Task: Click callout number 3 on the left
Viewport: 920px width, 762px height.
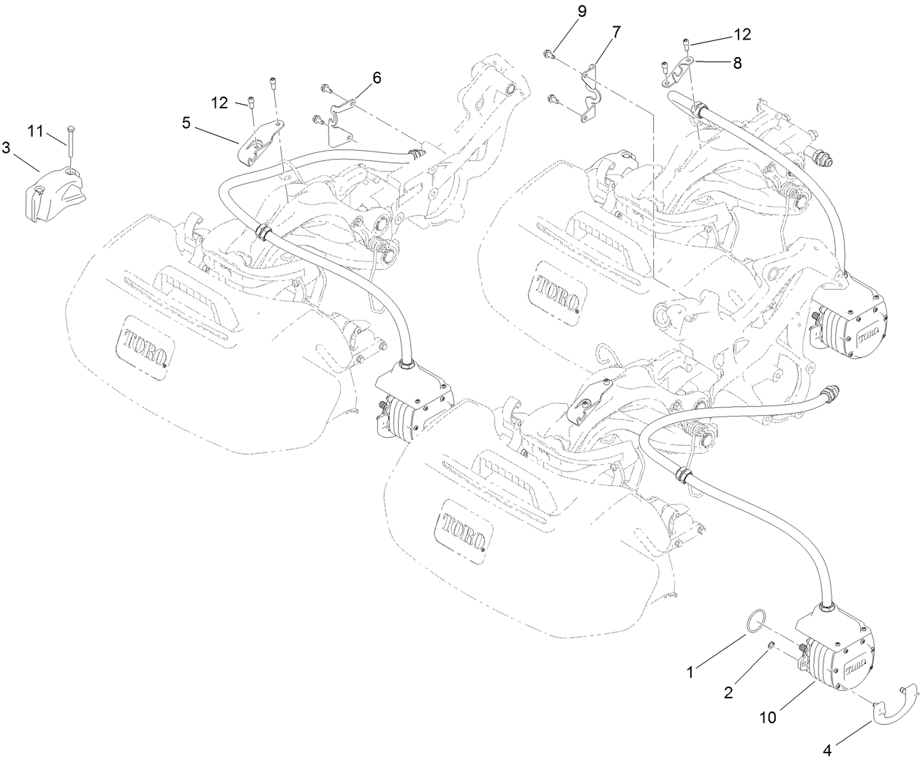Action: [7, 148]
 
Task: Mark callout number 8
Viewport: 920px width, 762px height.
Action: [736, 64]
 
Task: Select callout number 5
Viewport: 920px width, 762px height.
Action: [187, 122]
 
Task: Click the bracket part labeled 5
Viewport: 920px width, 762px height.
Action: [261, 141]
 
